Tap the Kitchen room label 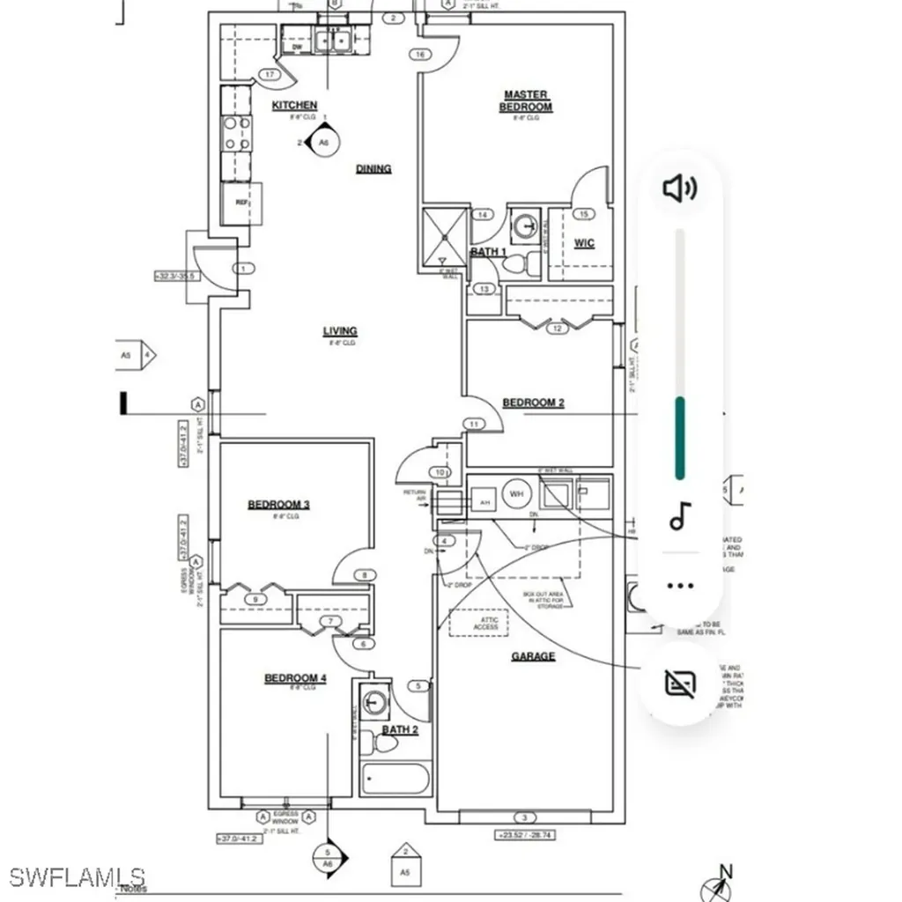tap(294, 106)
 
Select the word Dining tap(373, 168)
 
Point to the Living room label tap(340, 331)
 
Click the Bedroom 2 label tap(533, 403)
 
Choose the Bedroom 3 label tap(278, 505)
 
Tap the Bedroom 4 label tap(295, 677)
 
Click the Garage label tap(533, 656)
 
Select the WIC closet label tap(584, 243)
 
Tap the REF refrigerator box tap(241, 203)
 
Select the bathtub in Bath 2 tap(396, 780)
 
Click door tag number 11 tap(474, 425)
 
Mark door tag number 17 tap(270, 75)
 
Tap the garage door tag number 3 tap(524, 818)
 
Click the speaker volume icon tap(679, 188)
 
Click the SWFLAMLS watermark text tap(78, 876)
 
